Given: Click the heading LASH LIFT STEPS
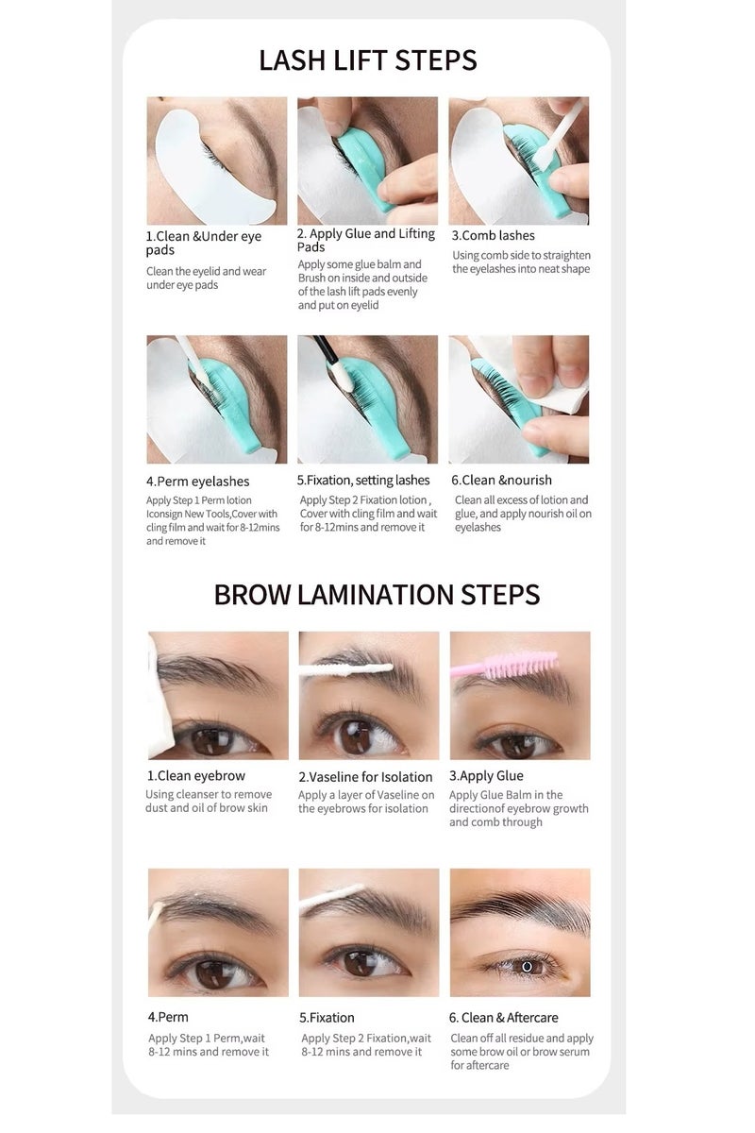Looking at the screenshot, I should point(368,59).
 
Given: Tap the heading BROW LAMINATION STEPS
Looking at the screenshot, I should point(377,594).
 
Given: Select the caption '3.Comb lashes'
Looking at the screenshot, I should point(493,235).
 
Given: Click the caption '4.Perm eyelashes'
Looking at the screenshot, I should point(197,482).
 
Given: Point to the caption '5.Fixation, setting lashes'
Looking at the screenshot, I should point(362,481).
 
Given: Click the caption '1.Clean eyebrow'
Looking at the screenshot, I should point(195,775).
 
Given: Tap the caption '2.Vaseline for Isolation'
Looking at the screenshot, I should point(365,776).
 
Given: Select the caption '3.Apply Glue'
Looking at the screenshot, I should point(485,775).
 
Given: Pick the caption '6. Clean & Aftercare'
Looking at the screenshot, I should point(503,1017).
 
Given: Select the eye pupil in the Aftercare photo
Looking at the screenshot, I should point(527,965).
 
